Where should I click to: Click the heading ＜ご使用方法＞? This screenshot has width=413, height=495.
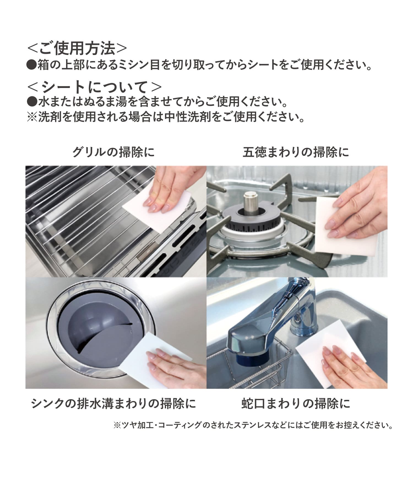click(77, 49)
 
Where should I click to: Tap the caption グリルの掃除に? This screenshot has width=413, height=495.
click(113, 152)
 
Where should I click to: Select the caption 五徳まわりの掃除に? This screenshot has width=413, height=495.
click(295, 152)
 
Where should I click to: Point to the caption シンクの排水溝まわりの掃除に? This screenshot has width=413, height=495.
click(113, 404)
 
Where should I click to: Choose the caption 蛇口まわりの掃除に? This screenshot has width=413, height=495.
click(296, 404)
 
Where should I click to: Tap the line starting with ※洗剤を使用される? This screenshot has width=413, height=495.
click(166, 118)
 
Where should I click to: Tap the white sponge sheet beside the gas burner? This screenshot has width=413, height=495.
click(330, 225)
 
